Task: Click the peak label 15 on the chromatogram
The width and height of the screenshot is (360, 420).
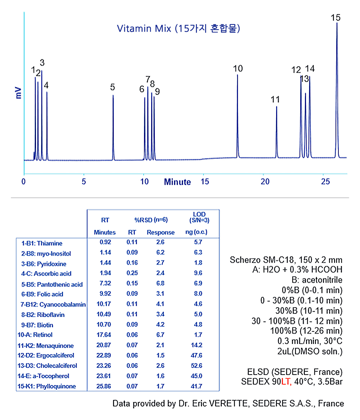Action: pyautogui.click(x=336, y=18)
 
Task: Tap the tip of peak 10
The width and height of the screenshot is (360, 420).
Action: pyautogui.click(x=237, y=75)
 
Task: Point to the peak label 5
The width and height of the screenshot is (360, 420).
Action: pyautogui.click(x=112, y=87)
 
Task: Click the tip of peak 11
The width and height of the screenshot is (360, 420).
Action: pyautogui.click(x=276, y=107)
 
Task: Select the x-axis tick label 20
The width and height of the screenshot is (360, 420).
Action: pyautogui.click(x=265, y=182)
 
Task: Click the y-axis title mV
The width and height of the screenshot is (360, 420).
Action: pyautogui.click(x=18, y=93)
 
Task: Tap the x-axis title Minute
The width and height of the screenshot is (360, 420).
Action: pyautogui.click(x=177, y=182)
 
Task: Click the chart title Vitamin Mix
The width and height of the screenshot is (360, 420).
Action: pyautogui.click(x=144, y=28)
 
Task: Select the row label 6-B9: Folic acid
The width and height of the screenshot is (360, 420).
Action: pyautogui.click(x=42, y=294)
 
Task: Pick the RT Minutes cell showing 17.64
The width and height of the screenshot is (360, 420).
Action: pyautogui.click(x=104, y=335)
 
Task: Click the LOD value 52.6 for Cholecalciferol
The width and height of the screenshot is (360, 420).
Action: pyautogui.click(x=197, y=366)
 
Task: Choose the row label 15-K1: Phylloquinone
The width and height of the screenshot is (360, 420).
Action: pyautogui.click(x=46, y=386)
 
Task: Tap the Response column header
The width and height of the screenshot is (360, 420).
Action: pyautogui.click(x=161, y=232)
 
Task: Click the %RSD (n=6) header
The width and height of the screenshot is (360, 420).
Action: pyautogui.click(x=151, y=220)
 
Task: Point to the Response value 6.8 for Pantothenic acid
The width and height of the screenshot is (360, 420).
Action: pyautogui.click(x=160, y=283)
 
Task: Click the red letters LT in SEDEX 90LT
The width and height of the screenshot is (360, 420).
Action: pyautogui.click(x=286, y=381)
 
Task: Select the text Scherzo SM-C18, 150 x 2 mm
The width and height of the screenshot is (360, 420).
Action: pyautogui.click(x=286, y=260)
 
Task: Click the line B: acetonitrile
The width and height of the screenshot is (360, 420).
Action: pyautogui.click(x=317, y=280)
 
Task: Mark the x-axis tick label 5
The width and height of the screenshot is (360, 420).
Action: pyautogui.click(x=84, y=182)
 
